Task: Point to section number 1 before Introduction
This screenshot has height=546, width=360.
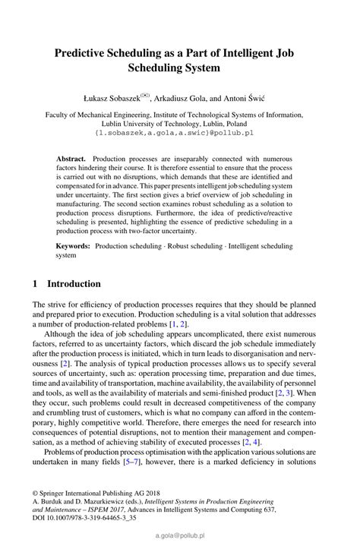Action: coord(35,284)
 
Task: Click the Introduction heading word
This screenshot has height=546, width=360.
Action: coord(74,284)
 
